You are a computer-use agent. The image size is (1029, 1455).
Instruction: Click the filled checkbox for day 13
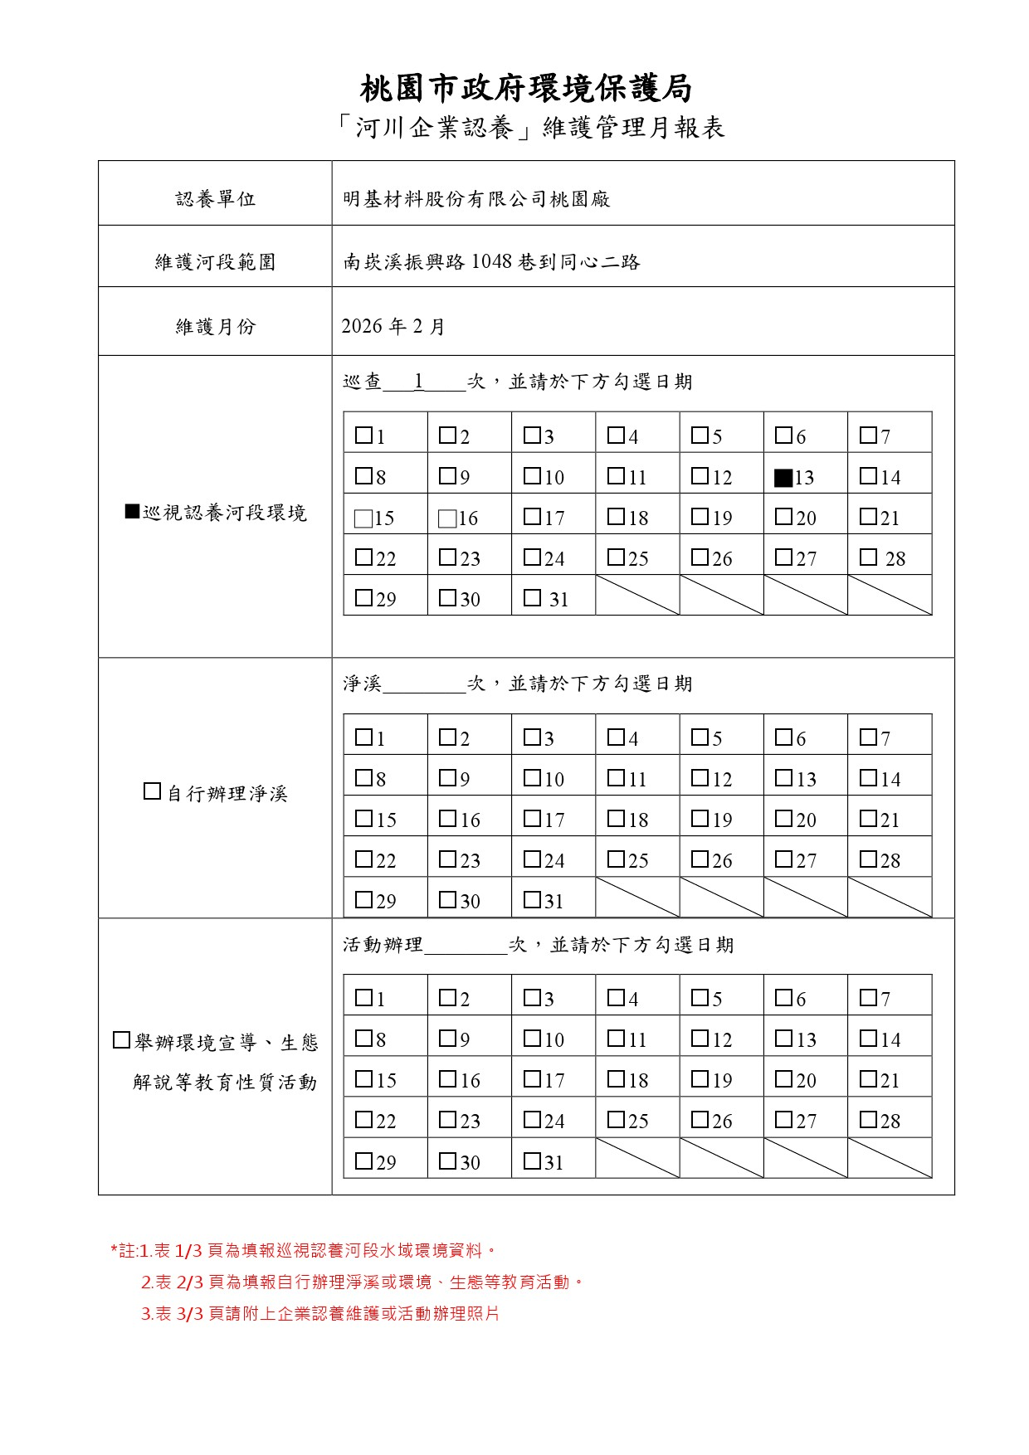[x=783, y=477]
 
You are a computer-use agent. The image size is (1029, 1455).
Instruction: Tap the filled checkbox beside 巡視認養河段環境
[x=132, y=511]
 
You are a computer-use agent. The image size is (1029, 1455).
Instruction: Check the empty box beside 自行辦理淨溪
[x=152, y=791]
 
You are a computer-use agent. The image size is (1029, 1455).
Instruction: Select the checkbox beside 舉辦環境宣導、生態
[x=121, y=1040]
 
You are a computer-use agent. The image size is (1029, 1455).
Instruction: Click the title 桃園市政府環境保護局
[x=526, y=88]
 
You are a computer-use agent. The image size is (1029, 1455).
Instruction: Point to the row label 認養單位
[x=215, y=199]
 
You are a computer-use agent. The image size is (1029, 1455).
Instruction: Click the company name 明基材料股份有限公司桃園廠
[x=476, y=199]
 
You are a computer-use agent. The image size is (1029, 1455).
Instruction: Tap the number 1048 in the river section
[x=492, y=262]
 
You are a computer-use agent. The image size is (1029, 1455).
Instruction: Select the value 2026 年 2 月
[x=393, y=326]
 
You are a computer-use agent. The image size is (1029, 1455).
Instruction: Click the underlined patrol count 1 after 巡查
[x=420, y=381]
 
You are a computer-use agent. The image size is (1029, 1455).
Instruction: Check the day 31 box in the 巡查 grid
[x=532, y=597]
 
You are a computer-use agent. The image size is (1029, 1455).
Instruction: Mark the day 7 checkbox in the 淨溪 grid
[x=868, y=737]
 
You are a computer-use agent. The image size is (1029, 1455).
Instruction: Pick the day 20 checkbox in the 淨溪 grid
[x=783, y=818]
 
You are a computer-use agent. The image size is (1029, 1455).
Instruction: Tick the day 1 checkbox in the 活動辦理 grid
[x=363, y=997]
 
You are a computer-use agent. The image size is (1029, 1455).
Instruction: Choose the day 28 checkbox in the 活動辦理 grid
[x=868, y=1119]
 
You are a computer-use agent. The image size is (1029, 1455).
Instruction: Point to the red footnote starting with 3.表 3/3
[x=320, y=1314]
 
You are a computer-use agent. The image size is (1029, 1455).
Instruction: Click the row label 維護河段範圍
[x=215, y=262]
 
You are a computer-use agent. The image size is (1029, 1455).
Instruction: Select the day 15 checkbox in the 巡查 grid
[x=363, y=518]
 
